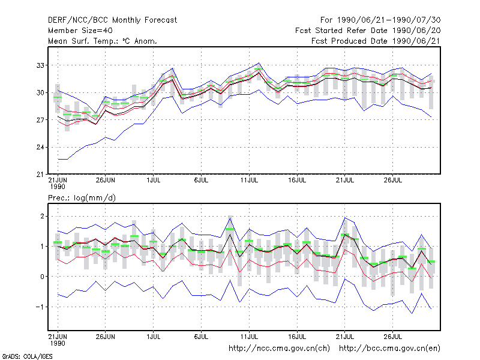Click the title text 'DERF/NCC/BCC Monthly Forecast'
112,20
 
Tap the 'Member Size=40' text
80,31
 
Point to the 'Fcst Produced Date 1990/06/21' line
376,41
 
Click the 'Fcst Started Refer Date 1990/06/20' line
368,31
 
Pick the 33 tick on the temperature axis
40,65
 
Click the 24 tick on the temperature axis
40,147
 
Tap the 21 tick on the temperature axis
40,175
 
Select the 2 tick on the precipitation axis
42,217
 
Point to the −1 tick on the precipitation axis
40,307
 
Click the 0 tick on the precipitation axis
42,277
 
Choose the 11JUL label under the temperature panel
249,180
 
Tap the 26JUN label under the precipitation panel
106,337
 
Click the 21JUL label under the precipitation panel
345,337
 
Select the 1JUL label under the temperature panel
154,180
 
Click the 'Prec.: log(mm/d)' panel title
82,198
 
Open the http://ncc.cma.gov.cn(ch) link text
279,349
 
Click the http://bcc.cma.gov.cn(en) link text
389,349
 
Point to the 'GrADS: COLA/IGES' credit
27,356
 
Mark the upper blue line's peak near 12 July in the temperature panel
259,63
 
